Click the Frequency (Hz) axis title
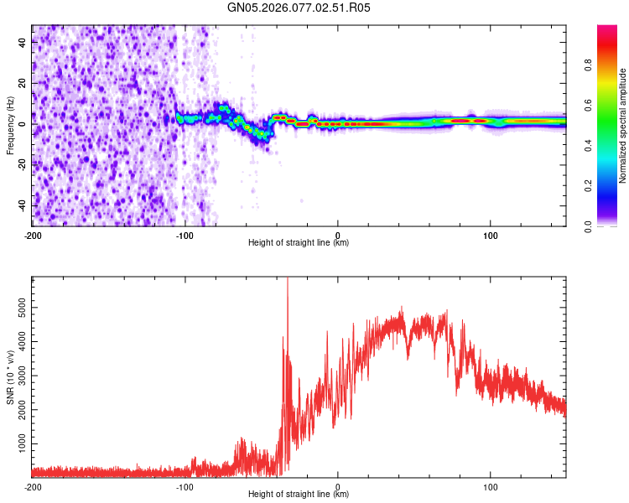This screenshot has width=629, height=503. [x=10, y=126]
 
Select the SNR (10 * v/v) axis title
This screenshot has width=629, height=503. [x=10, y=377]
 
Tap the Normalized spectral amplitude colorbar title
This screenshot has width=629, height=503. [x=623, y=126]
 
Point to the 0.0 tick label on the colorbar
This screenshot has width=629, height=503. [x=588, y=226]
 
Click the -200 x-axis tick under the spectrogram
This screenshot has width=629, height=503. [x=32, y=234]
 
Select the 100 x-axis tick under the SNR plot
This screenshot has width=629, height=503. [x=491, y=486]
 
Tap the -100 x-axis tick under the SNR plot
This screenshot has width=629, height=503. [x=185, y=486]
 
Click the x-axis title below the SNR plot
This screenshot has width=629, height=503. [x=299, y=495]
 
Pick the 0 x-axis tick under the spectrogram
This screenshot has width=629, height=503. [x=338, y=234]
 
